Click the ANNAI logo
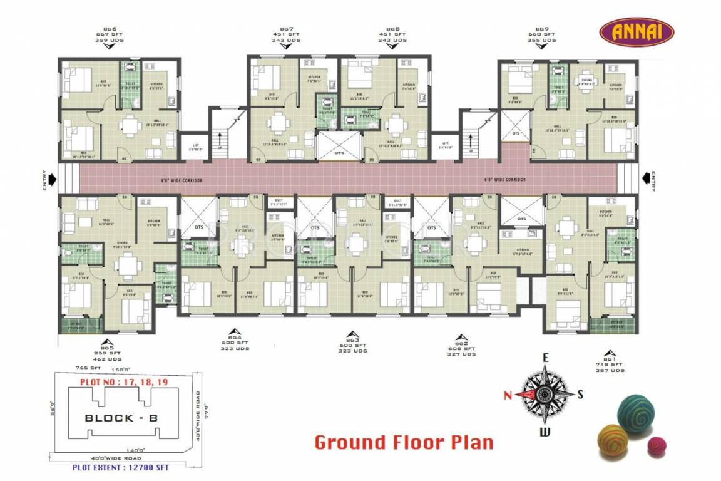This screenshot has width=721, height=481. (637, 31)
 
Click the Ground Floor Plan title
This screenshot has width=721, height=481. (404, 442)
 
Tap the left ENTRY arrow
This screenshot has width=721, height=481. (51, 180)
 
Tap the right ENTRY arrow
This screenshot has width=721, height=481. (645, 180)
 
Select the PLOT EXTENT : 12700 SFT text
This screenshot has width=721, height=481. (121, 467)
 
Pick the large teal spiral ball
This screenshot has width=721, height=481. (636, 413)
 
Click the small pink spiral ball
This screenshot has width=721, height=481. (657, 447)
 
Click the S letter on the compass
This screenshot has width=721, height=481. (580, 394)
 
